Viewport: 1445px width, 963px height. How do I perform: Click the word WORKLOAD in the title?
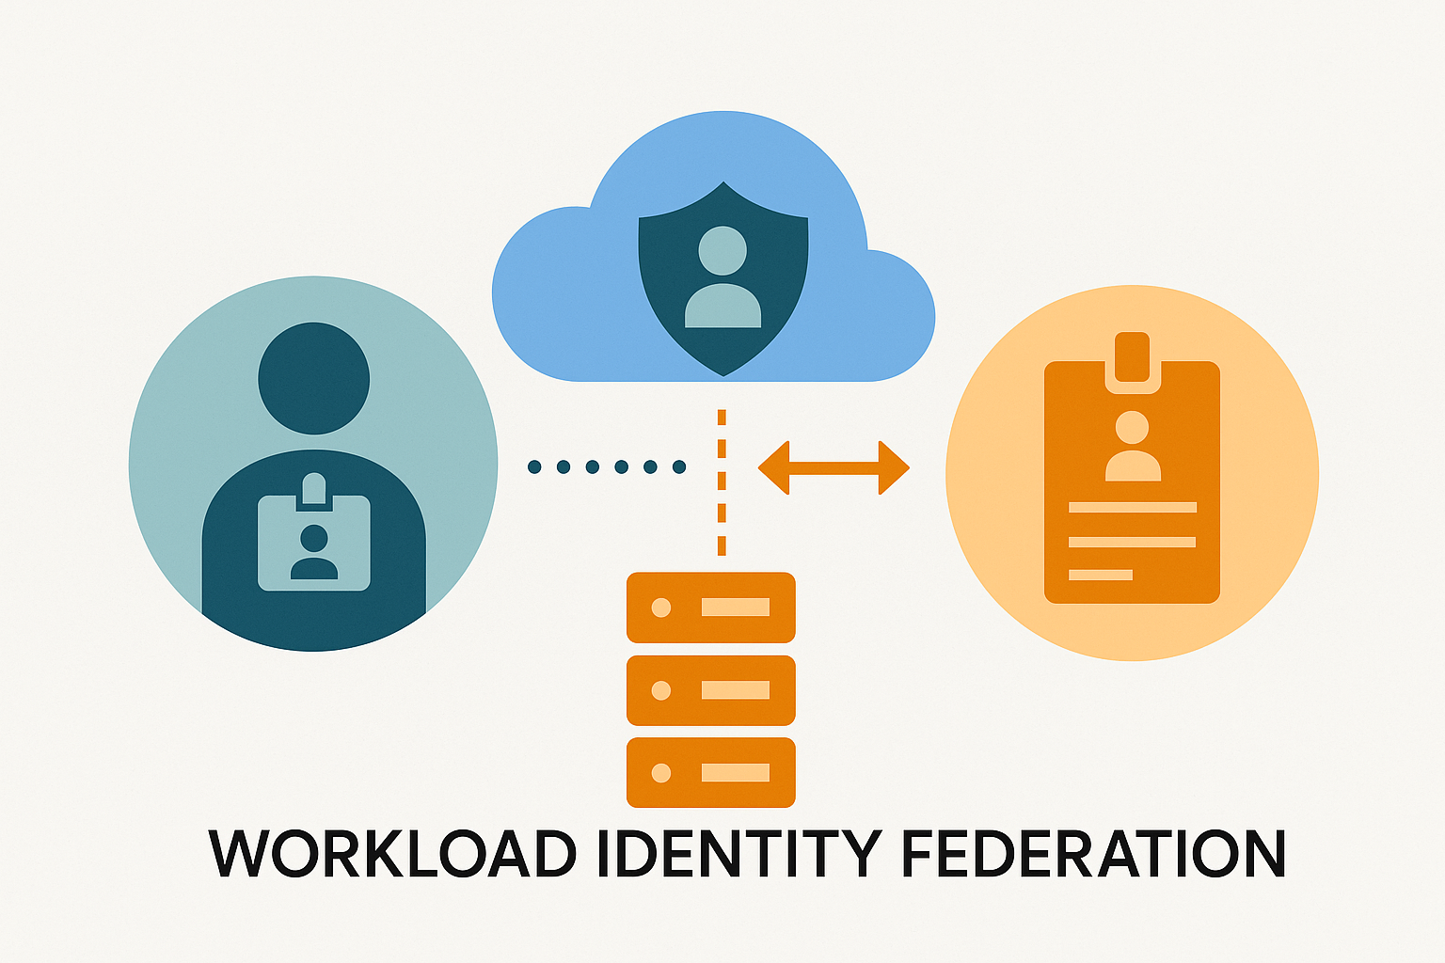tap(392, 853)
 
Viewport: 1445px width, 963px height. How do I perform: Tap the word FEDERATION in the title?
tap(1093, 853)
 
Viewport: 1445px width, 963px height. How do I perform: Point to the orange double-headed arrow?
tap(834, 467)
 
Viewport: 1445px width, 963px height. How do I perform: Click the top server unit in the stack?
tap(711, 608)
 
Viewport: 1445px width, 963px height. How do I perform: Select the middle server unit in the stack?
tap(711, 690)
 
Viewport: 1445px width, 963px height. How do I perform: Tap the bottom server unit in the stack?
tap(711, 773)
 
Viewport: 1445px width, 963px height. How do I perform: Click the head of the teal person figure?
tap(314, 378)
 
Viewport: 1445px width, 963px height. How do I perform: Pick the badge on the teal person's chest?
tap(314, 544)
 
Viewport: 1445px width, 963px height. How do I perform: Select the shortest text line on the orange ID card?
tap(1101, 575)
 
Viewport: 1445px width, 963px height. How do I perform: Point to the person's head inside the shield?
tap(722, 250)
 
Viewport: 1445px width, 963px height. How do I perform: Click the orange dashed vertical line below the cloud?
tap(722, 481)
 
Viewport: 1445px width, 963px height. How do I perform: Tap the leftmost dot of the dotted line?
tap(534, 466)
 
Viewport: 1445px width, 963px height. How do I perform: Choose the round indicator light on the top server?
tap(661, 608)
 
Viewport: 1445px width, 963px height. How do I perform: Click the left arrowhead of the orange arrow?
tap(773, 467)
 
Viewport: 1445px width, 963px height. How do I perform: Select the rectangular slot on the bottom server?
tap(736, 773)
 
